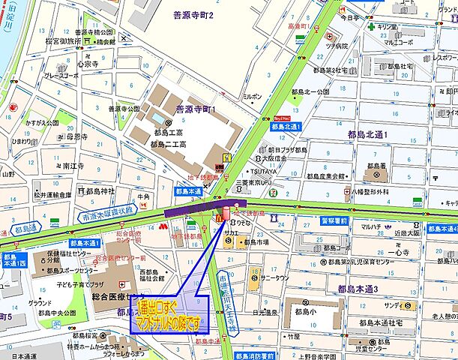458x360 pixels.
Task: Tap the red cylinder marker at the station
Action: [226, 212]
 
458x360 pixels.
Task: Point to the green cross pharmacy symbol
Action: [371, 25]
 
